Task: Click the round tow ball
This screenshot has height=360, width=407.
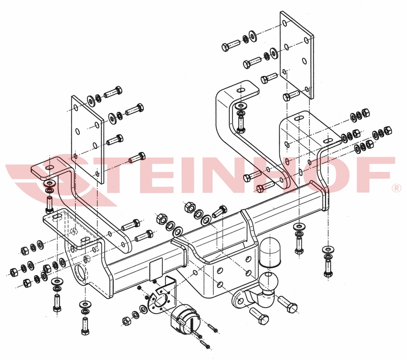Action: (x=268, y=281)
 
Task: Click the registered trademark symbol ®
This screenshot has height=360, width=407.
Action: (x=397, y=188)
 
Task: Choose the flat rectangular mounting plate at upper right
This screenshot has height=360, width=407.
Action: (x=297, y=55)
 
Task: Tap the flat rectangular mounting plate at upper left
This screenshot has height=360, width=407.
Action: (x=88, y=140)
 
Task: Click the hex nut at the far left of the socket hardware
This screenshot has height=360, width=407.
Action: (x=126, y=321)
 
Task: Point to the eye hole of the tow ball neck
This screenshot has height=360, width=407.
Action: (x=240, y=301)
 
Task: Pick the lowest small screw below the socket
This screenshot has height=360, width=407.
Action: (x=206, y=344)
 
